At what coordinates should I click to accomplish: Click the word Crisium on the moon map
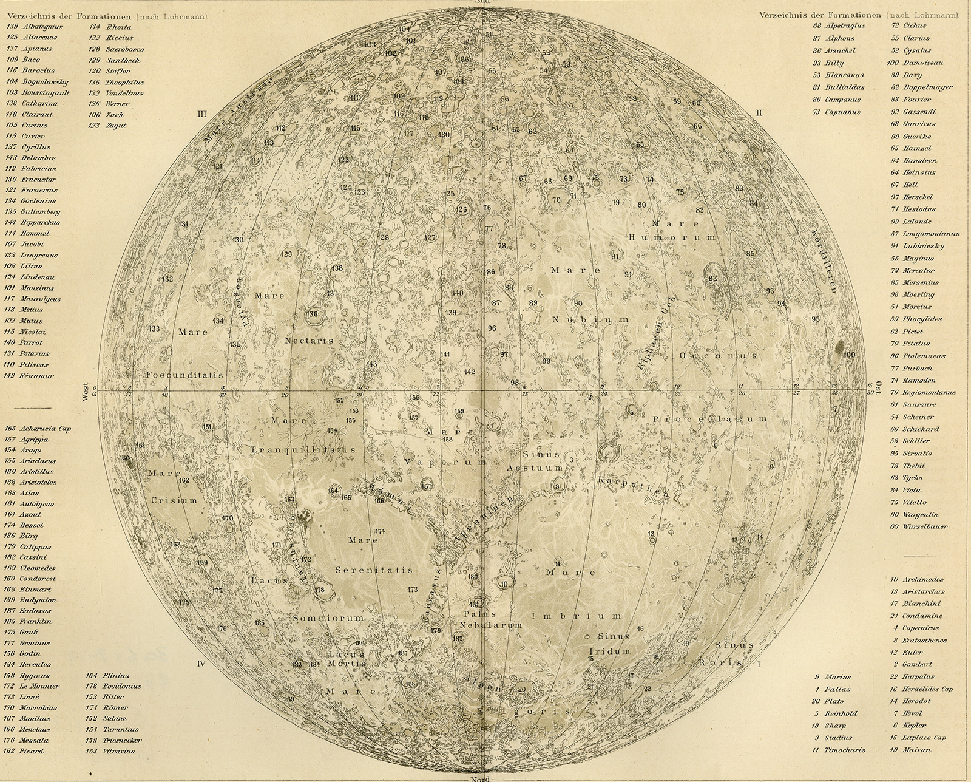175,501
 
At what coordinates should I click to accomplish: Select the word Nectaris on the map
309,341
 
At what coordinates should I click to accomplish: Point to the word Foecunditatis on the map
185,376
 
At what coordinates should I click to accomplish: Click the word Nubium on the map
590,319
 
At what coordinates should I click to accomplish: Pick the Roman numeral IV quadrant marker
202,664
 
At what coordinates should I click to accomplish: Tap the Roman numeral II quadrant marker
759,113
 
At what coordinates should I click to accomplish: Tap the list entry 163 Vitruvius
113,751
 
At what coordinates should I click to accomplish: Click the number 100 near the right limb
849,355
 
